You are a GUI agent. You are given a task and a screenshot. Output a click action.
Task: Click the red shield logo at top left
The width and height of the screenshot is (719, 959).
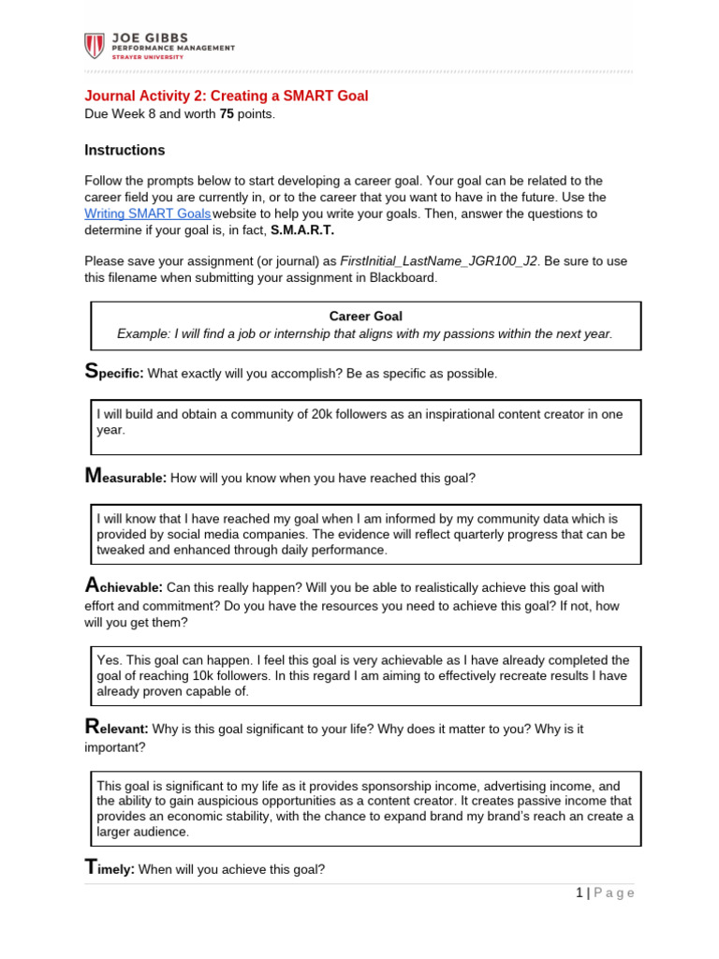pyautogui.click(x=95, y=46)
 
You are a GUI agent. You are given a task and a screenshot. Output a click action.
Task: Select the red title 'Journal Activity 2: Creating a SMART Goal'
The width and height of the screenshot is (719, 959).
pyautogui.click(x=227, y=96)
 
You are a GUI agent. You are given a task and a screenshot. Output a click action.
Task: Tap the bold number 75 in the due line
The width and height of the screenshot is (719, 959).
pyautogui.click(x=227, y=114)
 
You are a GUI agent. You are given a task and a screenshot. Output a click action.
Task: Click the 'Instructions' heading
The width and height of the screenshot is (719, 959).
pyautogui.click(x=125, y=150)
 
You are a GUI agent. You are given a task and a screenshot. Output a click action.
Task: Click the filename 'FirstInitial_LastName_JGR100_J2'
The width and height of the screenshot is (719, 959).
pyautogui.click(x=438, y=260)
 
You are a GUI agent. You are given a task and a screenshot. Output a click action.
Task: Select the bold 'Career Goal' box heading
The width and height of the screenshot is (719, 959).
pyautogui.click(x=365, y=317)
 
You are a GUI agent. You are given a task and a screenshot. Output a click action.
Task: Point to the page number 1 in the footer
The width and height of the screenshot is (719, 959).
pyautogui.click(x=580, y=893)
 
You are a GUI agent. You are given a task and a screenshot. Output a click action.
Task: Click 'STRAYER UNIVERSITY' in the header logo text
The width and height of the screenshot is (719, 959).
pyautogui.click(x=149, y=57)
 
